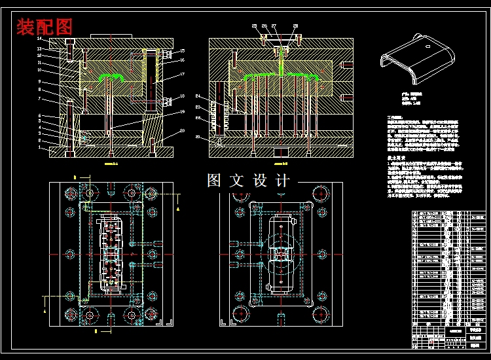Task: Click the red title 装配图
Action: [x=44, y=27]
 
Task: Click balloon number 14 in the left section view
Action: [x=39, y=39]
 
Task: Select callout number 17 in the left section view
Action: [x=183, y=75]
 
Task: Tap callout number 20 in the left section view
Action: [x=183, y=131]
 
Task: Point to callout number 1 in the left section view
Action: [x=39, y=149]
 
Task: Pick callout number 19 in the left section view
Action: [x=183, y=112]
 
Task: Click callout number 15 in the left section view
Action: [x=183, y=50]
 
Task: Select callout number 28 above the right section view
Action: [x=296, y=26]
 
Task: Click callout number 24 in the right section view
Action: [x=198, y=97]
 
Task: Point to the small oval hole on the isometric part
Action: [x=427, y=47]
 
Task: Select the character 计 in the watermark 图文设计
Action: [x=282, y=181]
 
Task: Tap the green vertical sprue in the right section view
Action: [x=282, y=62]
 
